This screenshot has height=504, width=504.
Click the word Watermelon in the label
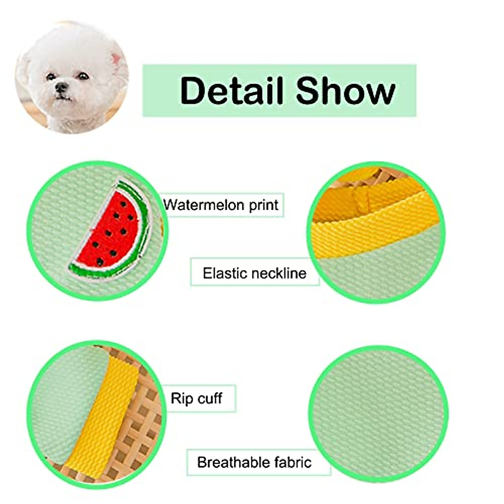204,205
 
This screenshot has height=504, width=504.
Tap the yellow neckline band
374,227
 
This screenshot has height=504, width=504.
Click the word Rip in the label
181,398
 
